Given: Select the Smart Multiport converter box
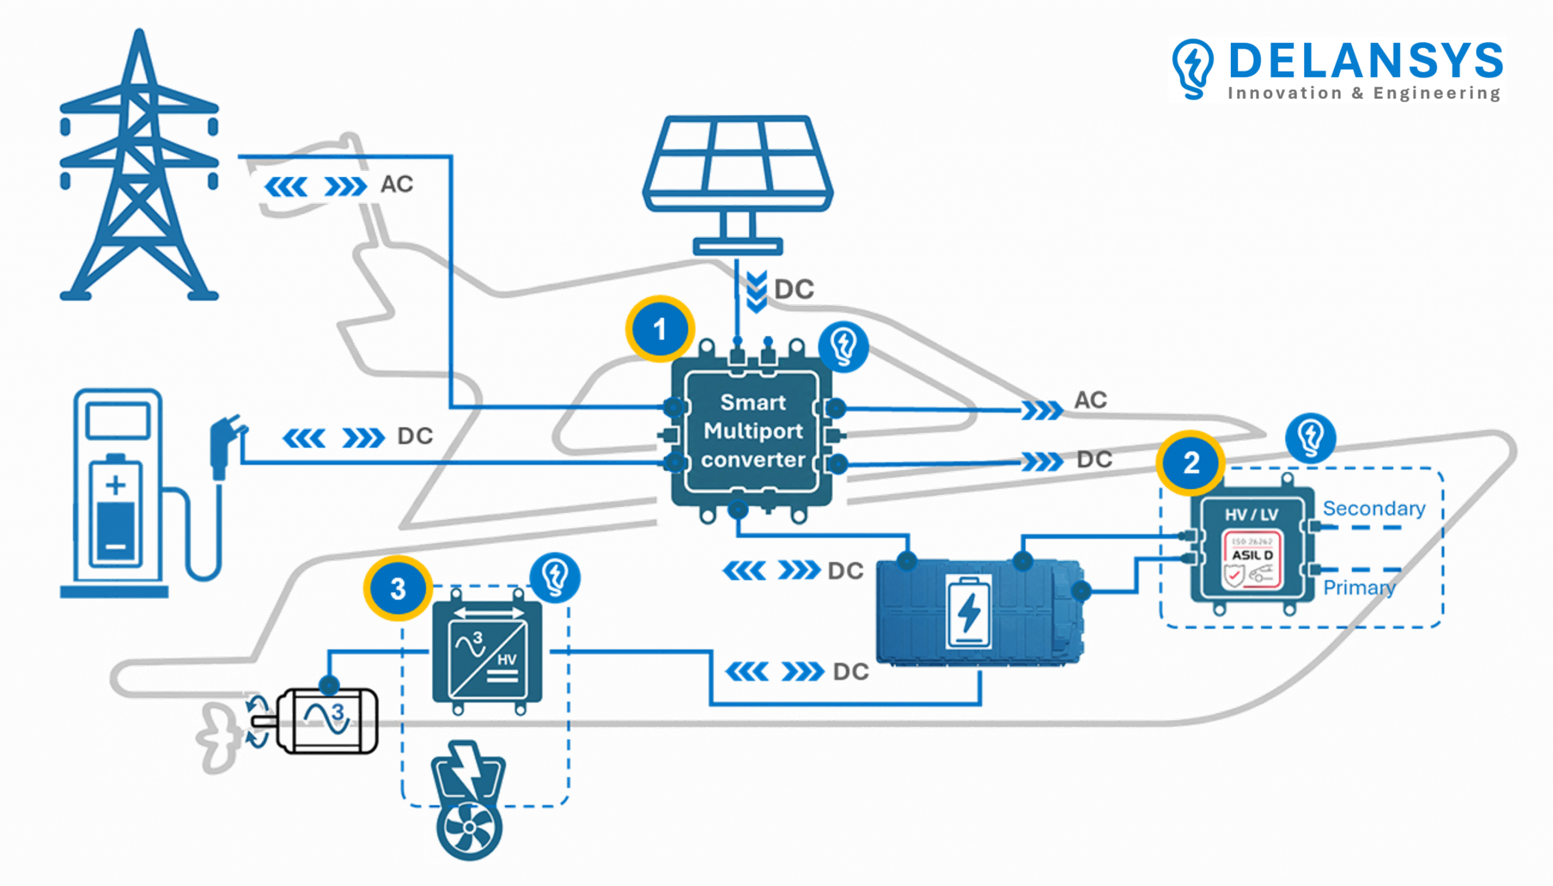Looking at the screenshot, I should (x=752, y=431).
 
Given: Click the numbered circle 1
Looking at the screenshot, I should (x=659, y=329).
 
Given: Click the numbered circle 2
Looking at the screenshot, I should (x=1190, y=463).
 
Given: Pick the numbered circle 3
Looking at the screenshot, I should (x=398, y=589).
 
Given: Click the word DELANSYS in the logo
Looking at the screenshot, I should (x=1365, y=61).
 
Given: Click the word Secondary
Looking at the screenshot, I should (x=1373, y=508).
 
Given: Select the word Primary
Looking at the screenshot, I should (x=1359, y=587).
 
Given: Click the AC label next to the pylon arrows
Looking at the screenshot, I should (x=397, y=184).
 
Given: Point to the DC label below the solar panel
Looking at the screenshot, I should (x=794, y=289).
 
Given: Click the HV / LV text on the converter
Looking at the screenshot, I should (x=1251, y=515).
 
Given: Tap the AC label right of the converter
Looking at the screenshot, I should (x=1090, y=400).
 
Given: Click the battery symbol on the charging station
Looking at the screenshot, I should (x=116, y=514).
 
